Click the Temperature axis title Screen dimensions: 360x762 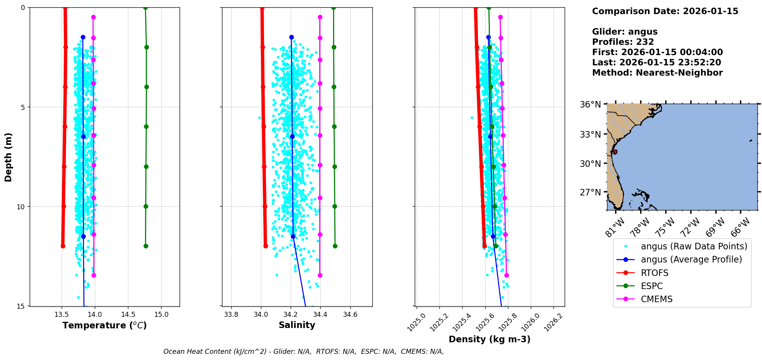[104, 326]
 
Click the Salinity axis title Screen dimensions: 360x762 [297, 325]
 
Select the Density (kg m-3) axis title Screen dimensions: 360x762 [489, 339]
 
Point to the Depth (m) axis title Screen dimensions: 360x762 [8, 157]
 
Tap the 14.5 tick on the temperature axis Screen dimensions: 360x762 [128, 315]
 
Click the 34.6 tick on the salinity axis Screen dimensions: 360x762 [350, 315]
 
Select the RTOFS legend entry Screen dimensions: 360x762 [654, 273]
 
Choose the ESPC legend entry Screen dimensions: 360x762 [652, 286]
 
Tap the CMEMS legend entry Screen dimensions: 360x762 [656, 299]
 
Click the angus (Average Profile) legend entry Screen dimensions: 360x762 [691, 259]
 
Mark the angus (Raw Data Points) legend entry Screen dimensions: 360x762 [694, 246]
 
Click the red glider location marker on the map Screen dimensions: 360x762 [615, 152]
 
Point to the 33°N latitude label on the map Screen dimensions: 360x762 [590, 135]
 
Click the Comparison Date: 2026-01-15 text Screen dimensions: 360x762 [665, 11]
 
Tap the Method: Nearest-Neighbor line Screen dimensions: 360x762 [657, 73]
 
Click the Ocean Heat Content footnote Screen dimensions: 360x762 [303, 352]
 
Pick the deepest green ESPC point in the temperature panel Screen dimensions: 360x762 [146, 246]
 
